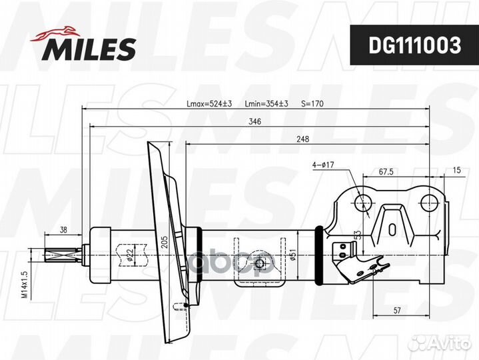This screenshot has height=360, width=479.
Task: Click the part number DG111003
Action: coord(414,45)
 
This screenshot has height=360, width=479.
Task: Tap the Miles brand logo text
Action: coord(89,49)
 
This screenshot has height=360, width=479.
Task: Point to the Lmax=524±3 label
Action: coord(209,104)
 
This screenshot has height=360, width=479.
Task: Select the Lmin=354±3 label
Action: coord(266,104)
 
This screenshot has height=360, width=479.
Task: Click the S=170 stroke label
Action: coord(312,104)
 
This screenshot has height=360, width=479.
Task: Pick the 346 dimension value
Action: coord(254,121)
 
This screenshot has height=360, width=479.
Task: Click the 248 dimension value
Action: coord(302,139)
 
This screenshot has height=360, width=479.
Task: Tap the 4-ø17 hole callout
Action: coord(323,165)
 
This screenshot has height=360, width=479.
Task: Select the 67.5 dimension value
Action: coord(386,172)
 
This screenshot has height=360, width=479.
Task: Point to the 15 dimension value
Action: coord(456,170)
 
